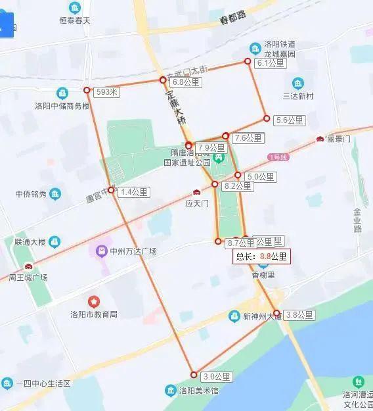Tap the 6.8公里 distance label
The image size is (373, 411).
click(x=185, y=83)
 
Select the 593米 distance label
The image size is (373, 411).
click(x=106, y=92)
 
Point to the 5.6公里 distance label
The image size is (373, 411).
click(x=289, y=120)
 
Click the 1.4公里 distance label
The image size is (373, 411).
click(x=134, y=192)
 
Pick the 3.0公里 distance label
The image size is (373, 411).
click(x=217, y=377)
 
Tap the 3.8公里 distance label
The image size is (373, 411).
click(x=301, y=315)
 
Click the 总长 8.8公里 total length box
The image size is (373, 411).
click(x=261, y=256)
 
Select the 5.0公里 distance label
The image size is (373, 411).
click(x=260, y=177)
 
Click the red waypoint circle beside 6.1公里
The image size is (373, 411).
click(x=248, y=61)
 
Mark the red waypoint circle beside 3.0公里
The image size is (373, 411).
click(x=193, y=374)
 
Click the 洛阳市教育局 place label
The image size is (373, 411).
click(x=94, y=314)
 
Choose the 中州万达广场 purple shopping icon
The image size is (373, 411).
click(x=100, y=250)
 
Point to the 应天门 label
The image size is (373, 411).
click(x=196, y=204)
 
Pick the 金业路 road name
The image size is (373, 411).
click(x=358, y=220)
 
